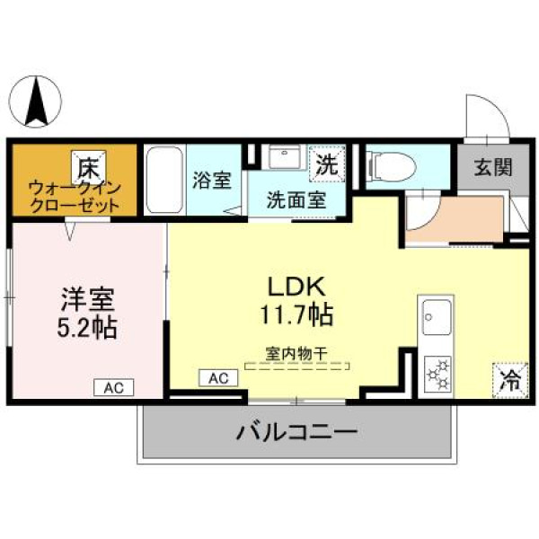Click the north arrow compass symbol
(35, 102)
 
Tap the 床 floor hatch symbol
(89, 167)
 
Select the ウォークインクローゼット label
(75, 198)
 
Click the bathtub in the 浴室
(164, 180)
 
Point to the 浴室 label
(212, 181)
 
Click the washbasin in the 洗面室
(285, 156)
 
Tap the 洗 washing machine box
(327, 163)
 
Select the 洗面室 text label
(296, 199)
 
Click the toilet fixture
(393, 167)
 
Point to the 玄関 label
(493, 167)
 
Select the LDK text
(296, 287)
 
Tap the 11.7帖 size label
(296, 314)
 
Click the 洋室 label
(88, 299)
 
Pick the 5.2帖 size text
(87, 327)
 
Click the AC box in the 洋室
(114, 388)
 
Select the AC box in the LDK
(218, 378)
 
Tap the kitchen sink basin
(437, 317)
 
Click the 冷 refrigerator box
(510, 381)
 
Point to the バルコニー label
(297, 432)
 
